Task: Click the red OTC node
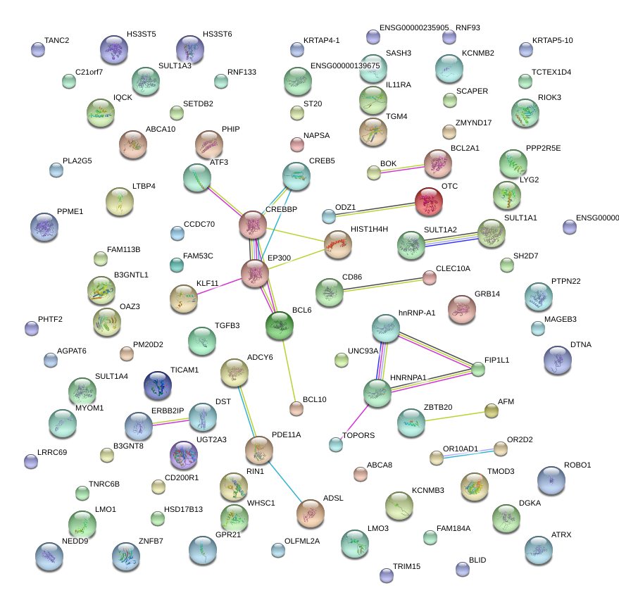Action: (429, 201)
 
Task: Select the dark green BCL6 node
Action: (280, 325)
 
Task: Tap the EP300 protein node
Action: (254, 273)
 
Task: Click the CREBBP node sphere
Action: (251, 224)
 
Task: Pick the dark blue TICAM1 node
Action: (157, 385)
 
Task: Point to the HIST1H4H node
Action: (337, 244)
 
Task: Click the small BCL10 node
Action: (296, 408)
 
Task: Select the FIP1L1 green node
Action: (478, 368)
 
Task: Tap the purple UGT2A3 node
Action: (184, 456)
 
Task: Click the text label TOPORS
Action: (358, 435)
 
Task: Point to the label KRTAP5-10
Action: (552, 40)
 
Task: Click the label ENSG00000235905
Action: (413, 28)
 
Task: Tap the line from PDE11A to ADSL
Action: (285, 480)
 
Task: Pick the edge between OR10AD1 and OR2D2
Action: (468, 453)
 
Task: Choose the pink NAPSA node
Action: (296, 145)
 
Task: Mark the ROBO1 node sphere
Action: (551, 480)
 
